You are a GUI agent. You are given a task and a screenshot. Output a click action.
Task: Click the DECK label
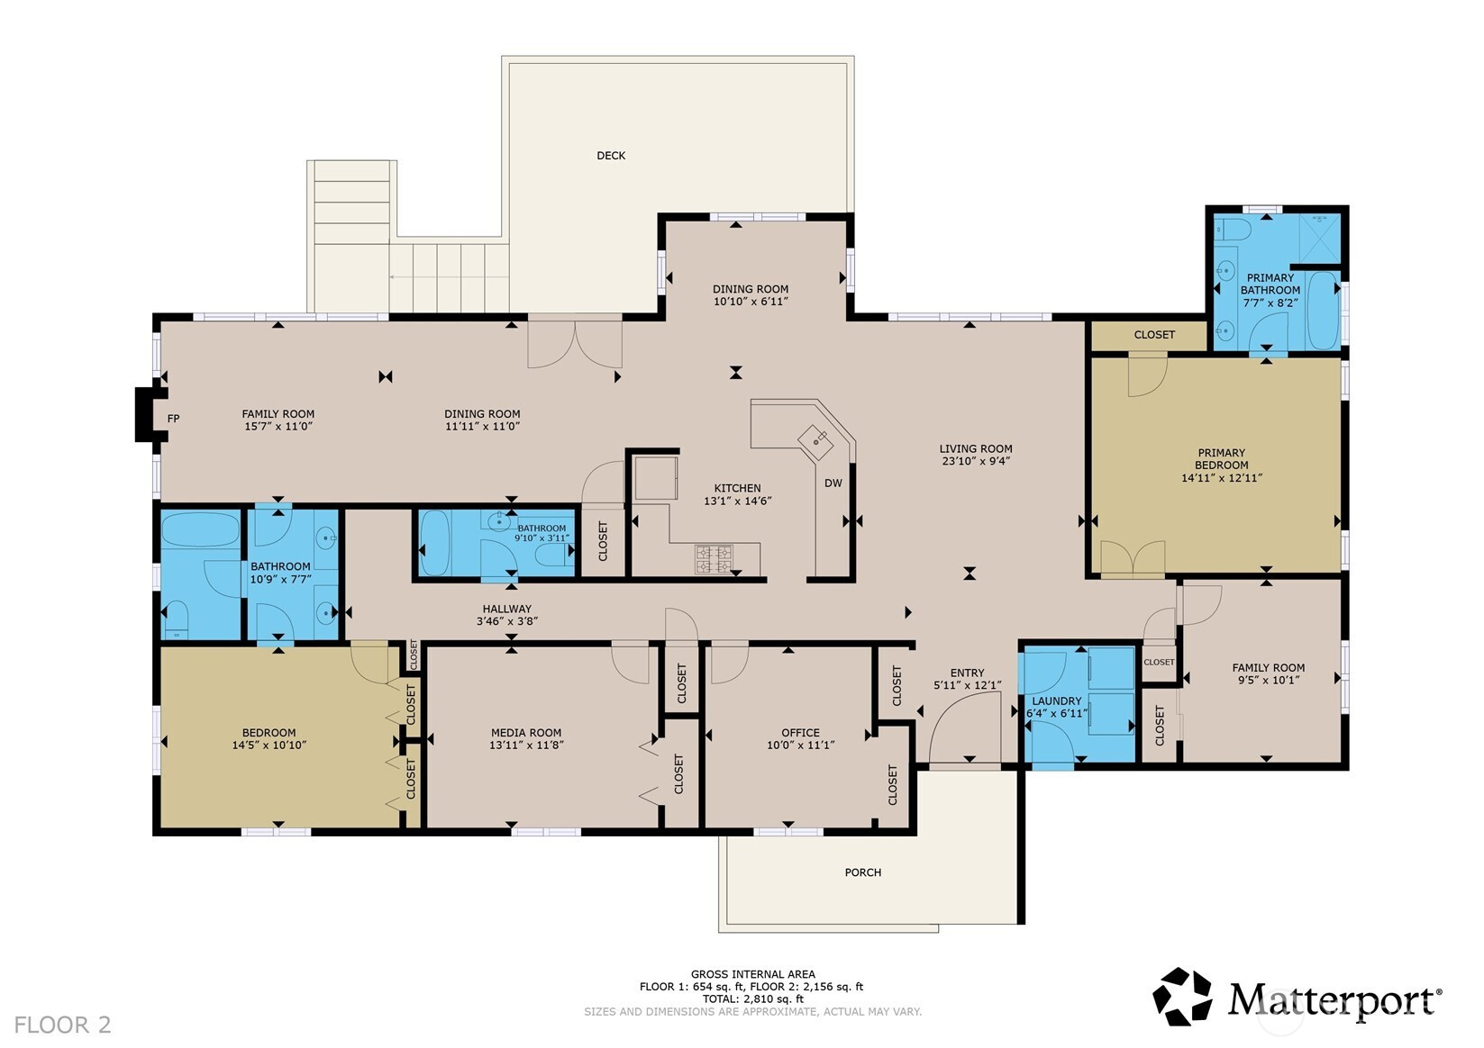click(x=611, y=156)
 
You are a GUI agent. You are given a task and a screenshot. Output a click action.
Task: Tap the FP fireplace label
click(x=173, y=419)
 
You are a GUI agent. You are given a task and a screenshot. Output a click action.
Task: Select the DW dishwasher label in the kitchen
click(x=833, y=483)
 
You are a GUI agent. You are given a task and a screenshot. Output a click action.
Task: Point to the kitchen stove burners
click(x=714, y=559)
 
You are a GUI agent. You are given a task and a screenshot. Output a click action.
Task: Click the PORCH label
click(x=862, y=872)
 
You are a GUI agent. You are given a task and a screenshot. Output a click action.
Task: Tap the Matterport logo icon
click(x=1183, y=997)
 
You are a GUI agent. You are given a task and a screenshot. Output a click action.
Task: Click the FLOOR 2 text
click(x=62, y=1025)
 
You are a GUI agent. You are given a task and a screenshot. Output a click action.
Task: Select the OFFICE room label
click(x=800, y=733)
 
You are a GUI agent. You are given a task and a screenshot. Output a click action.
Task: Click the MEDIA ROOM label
click(x=526, y=733)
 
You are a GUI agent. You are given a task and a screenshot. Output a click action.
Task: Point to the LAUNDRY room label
click(x=1057, y=701)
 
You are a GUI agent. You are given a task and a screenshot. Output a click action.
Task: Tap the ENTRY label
click(x=967, y=673)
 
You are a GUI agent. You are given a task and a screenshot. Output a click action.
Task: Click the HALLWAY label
click(x=506, y=609)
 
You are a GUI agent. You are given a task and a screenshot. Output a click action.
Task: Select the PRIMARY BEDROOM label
click(x=1222, y=459)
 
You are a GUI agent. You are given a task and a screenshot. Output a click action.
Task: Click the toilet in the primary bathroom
click(x=1233, y=230)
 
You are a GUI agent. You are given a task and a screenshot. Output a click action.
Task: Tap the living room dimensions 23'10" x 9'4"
click(x=976, y=462)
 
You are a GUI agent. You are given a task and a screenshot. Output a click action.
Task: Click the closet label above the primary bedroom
click(x=1154, y=335)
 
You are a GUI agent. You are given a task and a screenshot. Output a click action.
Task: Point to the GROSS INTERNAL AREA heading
click(x=752, y=974)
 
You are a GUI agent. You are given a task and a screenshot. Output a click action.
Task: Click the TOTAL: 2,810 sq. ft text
click(x=752, y=999)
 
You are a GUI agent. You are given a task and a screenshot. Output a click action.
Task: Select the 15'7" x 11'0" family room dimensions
click(x=278, y=427)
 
